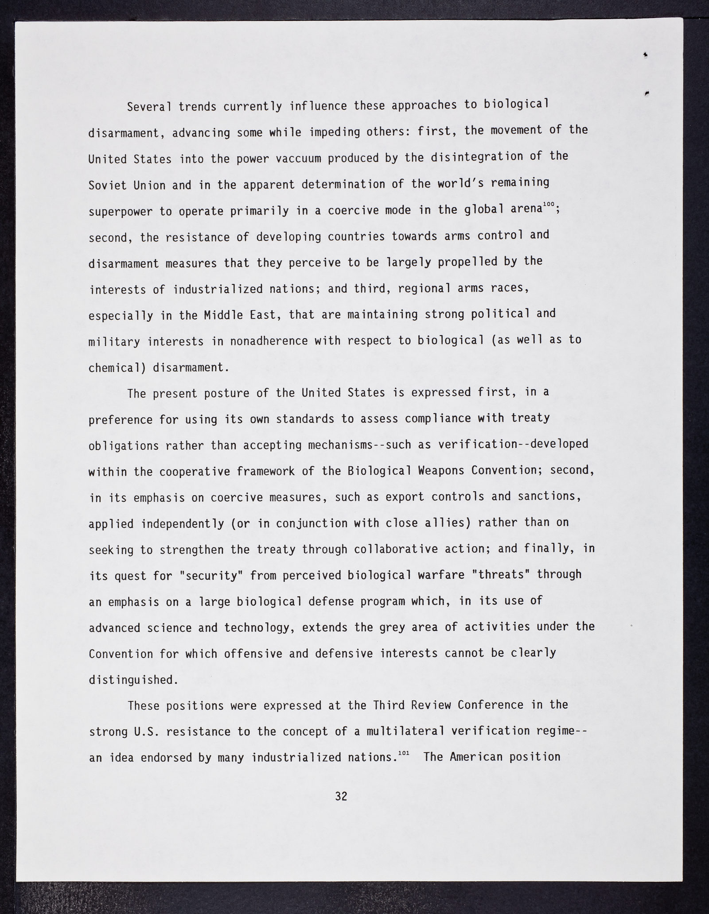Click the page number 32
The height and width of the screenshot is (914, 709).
[x=341, y=797]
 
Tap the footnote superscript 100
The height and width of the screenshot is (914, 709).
[x=549, y=203]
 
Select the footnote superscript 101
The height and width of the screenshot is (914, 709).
[x=403, y=753]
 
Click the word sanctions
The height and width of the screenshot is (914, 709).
[x=549, y=497]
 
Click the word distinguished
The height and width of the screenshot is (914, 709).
[x=133, y=680]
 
